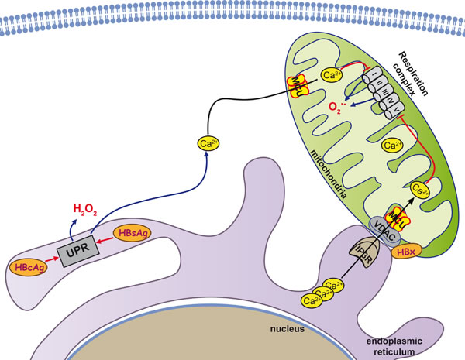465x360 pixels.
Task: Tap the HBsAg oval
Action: [x=129, y=232]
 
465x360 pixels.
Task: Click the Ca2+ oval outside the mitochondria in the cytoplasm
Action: [x=207, y=143]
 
